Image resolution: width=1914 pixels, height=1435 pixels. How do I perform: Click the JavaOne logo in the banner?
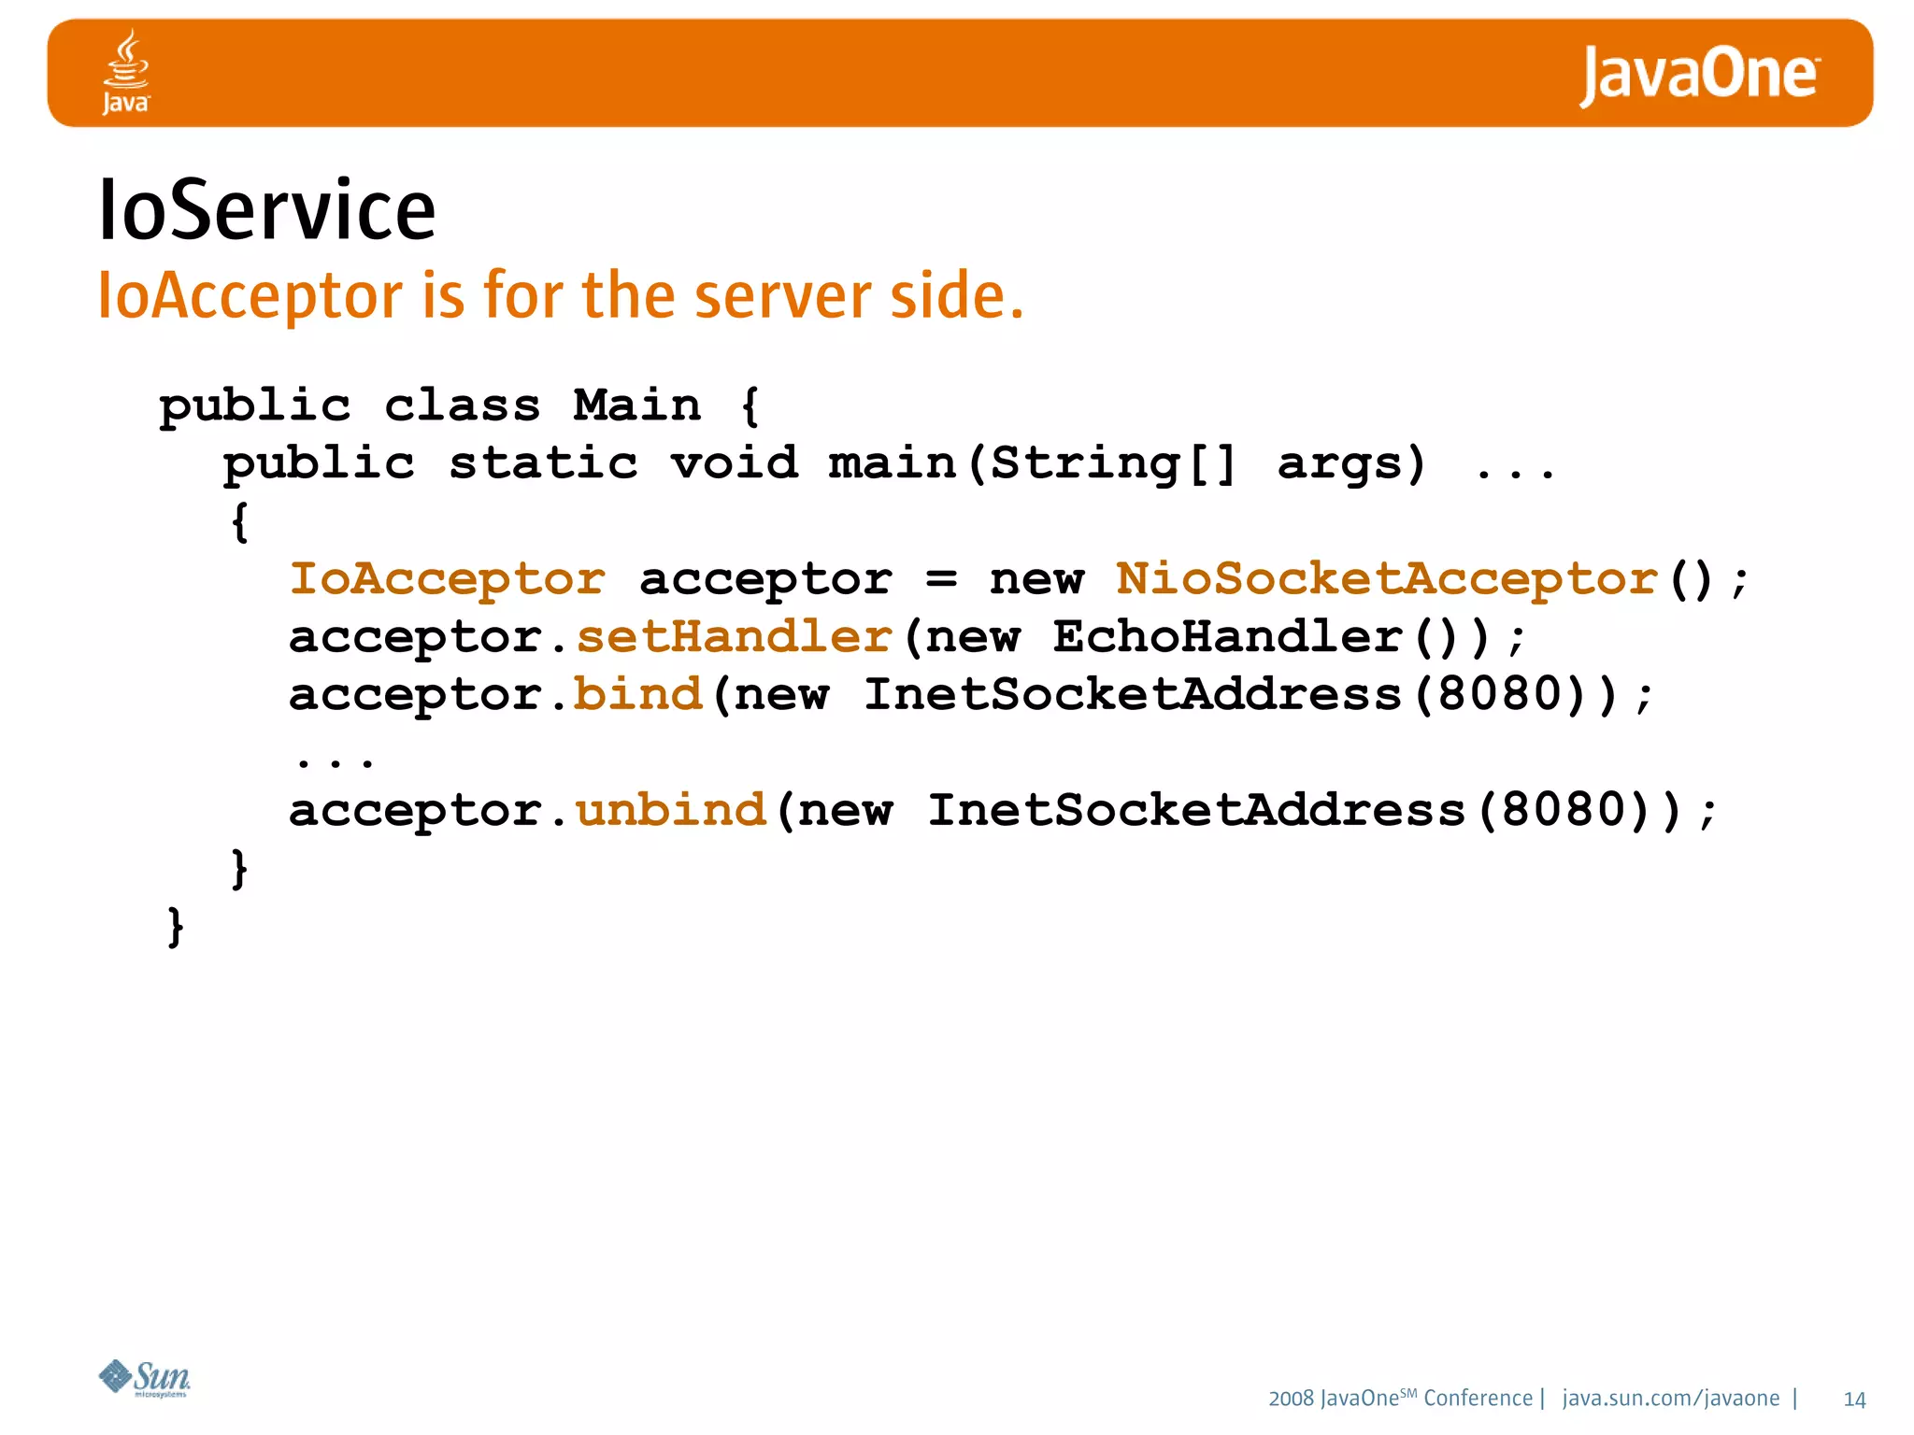(1699, 75)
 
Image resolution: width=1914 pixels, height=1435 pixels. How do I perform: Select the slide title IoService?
(267, 210)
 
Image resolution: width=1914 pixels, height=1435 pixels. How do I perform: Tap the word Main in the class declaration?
(636, 405)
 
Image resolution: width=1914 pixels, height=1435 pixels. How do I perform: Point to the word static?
(543, 463)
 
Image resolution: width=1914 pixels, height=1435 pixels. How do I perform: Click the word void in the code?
(735, 463)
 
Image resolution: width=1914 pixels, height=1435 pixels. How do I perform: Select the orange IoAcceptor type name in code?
(448, 579)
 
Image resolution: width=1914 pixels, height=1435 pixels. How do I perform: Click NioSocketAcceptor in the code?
(1387, 579)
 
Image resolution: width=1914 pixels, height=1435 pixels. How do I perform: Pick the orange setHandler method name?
(735, 637)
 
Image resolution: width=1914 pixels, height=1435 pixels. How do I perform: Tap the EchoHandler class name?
(1228, 637)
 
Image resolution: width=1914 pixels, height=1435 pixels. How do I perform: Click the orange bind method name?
(637, 695)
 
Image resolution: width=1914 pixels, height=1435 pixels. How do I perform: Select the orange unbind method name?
(671, 810)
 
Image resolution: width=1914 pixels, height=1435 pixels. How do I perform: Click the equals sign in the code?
(941, 580)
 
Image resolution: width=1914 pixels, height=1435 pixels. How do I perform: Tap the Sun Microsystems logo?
(145, 1378)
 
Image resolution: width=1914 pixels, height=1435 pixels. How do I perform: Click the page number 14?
(1854, 1399)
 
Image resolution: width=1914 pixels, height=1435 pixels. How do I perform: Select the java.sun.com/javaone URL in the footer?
(1671, 1399)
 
